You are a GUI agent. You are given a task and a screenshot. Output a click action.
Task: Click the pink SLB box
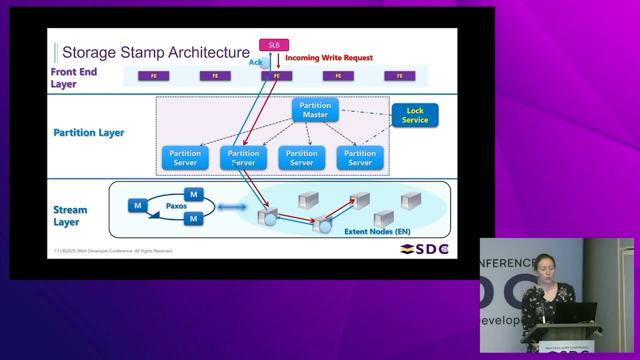pos(274,45)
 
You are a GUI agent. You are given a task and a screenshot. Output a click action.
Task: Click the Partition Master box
pos(315,110)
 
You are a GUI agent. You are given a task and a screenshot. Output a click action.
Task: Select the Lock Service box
pos(415,115)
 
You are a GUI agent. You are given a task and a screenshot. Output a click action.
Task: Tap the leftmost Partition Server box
pos(185,158)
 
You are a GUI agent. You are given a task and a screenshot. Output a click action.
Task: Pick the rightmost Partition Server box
pos(360,158)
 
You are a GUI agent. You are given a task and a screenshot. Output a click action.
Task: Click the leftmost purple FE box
pos(153,76)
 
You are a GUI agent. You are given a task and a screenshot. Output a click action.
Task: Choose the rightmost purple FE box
pos(399,76)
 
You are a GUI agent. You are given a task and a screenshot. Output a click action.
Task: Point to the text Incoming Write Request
pos(329,58)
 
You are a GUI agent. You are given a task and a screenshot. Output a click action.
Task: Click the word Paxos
pos(176,206)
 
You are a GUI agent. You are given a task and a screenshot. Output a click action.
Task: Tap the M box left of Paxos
pos(137,205)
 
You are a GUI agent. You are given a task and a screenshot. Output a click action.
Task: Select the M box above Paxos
pos(193,194)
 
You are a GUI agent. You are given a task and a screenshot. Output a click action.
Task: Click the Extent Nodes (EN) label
pos(377,231)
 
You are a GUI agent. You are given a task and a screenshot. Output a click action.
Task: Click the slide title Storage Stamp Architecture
pos(155,52)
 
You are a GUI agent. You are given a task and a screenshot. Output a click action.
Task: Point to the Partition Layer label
pos(89,132)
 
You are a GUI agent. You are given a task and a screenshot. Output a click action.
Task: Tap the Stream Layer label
pos(70,215)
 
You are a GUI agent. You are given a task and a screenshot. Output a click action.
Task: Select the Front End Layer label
pos(73,77)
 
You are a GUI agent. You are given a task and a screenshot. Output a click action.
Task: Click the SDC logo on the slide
pos(424,249)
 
